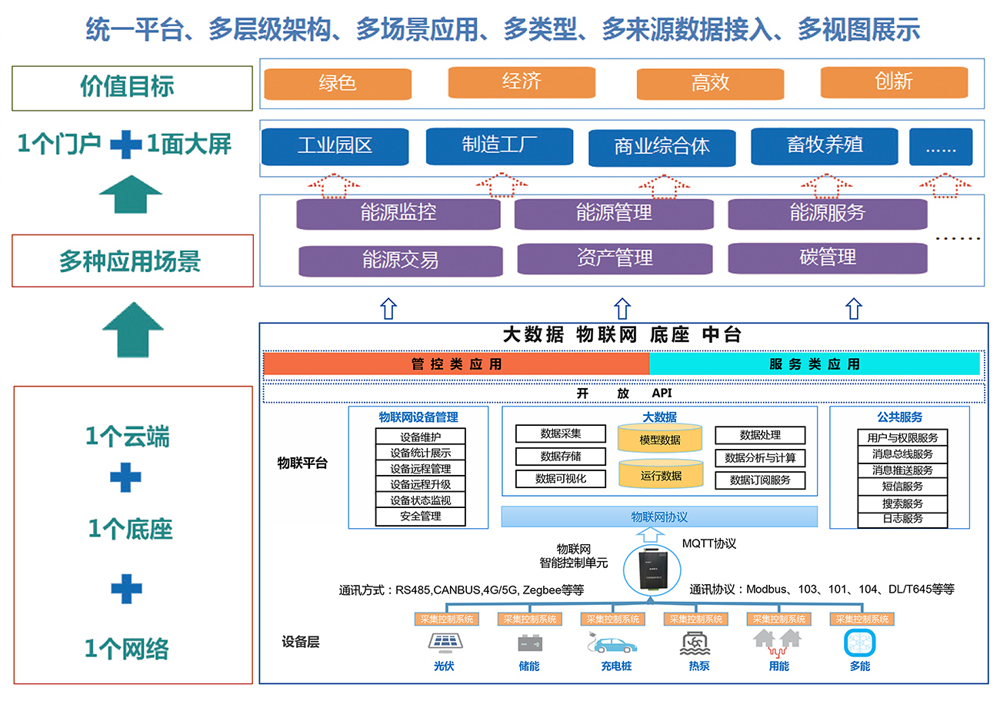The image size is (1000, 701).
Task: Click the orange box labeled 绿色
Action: click(337, 83)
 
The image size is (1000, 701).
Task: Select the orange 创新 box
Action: click(893, 81)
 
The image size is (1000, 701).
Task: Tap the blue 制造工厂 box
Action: click(499, 145)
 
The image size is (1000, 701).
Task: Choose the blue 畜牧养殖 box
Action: click(824, 145)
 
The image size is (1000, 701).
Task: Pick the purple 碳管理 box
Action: click(827, 257)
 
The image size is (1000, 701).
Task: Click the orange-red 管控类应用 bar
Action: click(456, 364)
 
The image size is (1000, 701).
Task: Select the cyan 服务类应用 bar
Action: click(815, 364)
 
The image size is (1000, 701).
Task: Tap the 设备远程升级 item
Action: click(420, 484)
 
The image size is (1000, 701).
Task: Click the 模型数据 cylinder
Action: click(660, 440)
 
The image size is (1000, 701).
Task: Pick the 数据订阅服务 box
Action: click(760, 480)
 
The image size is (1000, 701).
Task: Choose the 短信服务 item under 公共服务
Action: click(902, 487)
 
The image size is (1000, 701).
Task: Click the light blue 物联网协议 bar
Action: click(659, 517)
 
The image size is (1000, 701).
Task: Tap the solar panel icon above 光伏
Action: click(443, 642)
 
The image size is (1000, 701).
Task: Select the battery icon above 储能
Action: click(528, 642)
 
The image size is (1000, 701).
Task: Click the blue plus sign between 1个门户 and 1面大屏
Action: click(125, 144)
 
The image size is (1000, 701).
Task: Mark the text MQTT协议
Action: click(708, 543)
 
